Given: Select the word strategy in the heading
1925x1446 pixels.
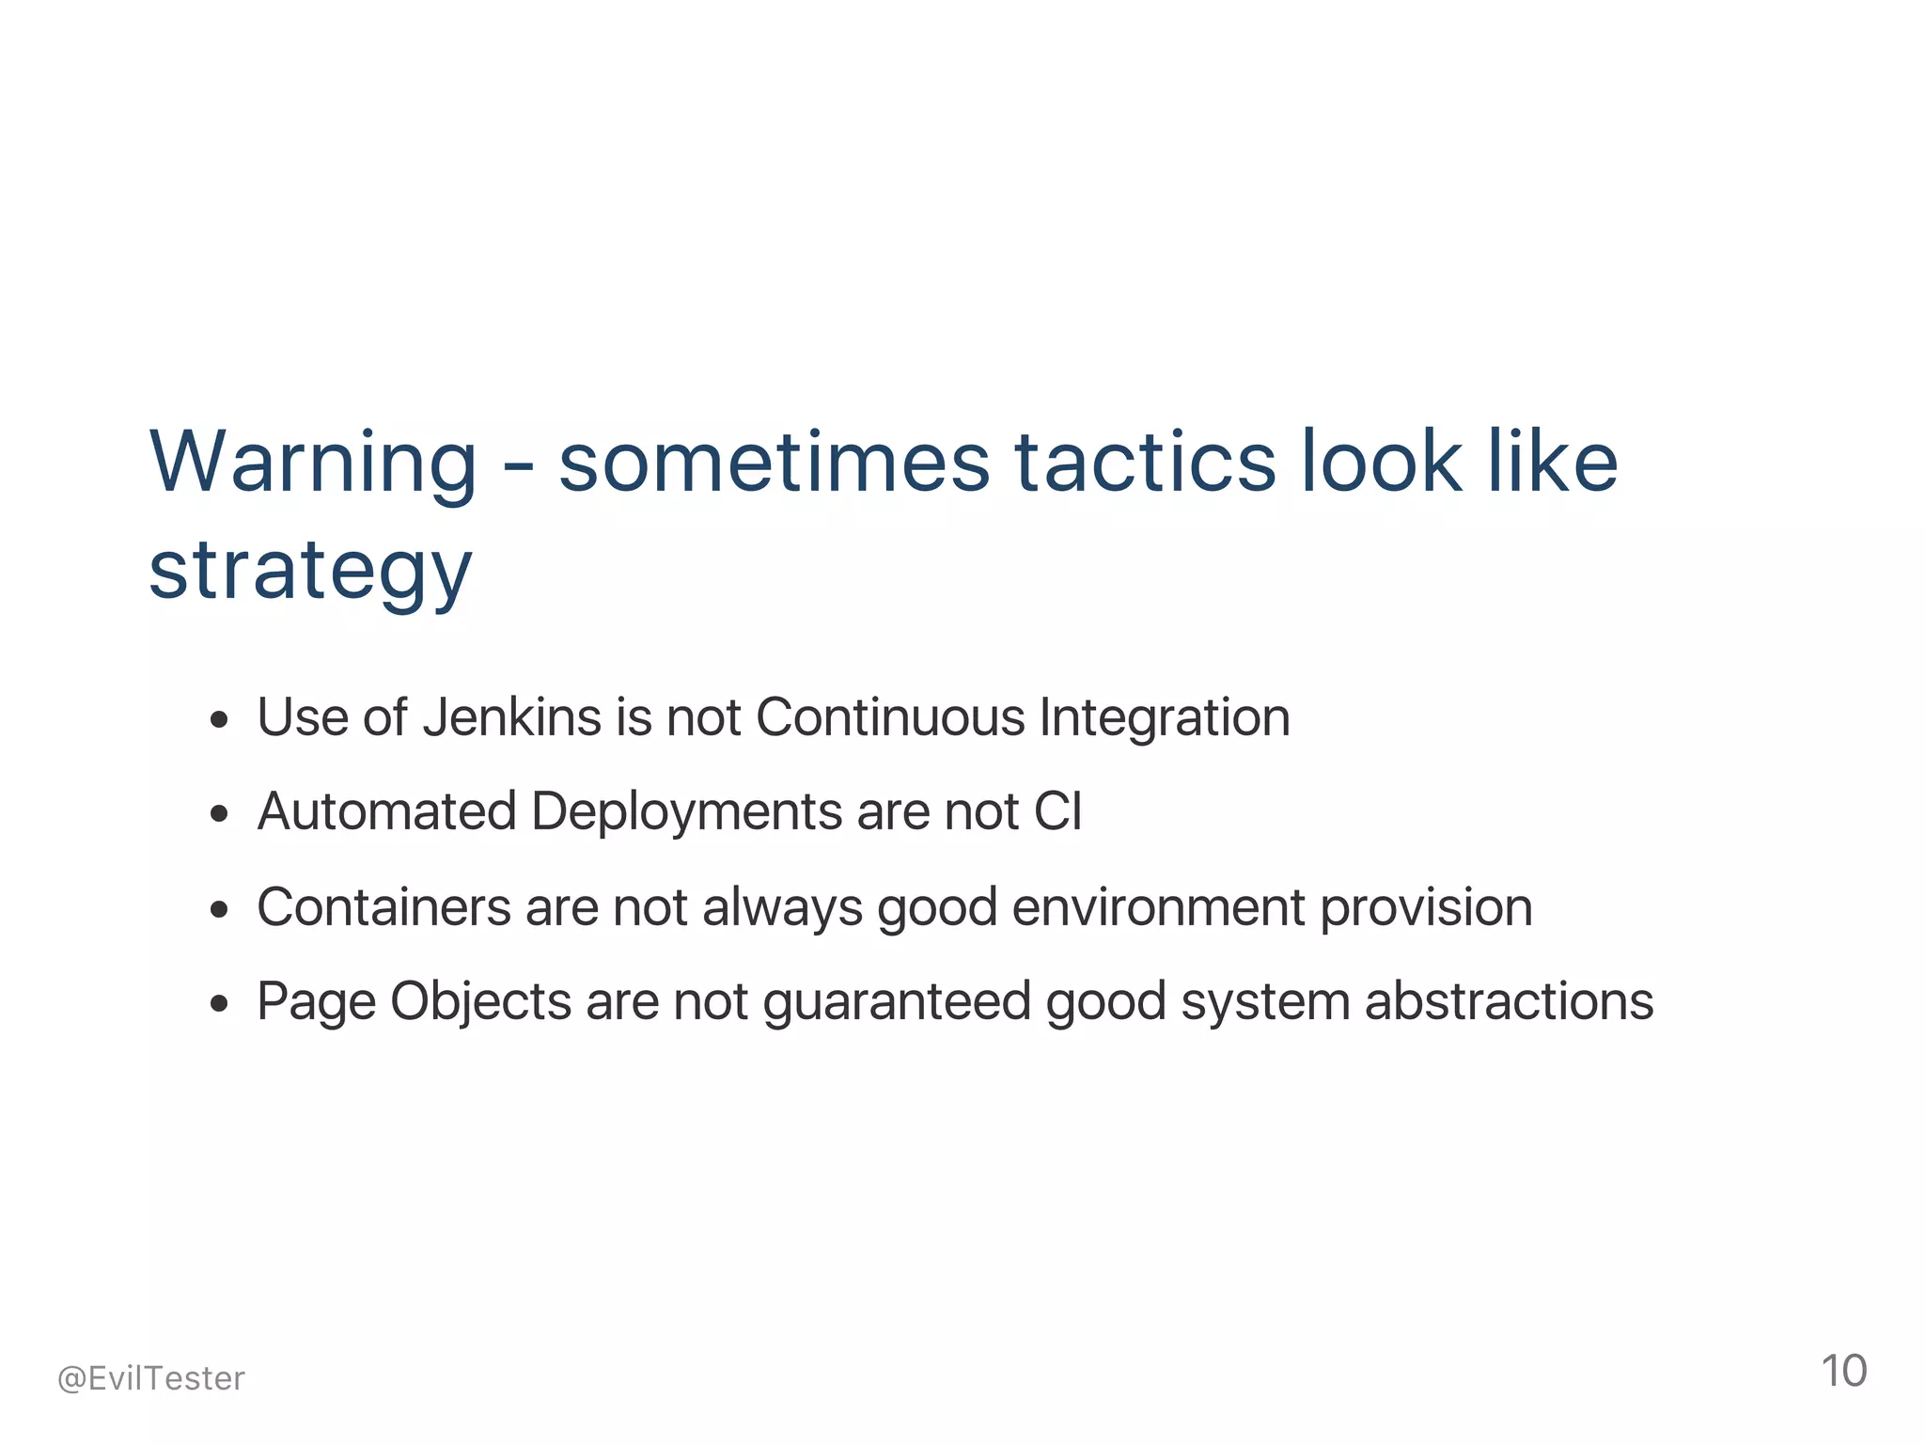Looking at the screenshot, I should coord(310,572).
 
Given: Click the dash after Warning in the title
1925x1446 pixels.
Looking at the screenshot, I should coord(518,464).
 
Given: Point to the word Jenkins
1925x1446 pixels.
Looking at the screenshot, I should coord(511,717).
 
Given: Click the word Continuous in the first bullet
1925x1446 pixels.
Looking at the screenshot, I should coord(890,717).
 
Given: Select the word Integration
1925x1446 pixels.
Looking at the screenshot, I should coord(1165,717).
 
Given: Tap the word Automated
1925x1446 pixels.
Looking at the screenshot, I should coord(386,811).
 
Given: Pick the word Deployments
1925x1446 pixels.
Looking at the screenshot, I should coord(686,811).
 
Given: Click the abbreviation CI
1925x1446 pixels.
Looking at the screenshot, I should coord(1057,811).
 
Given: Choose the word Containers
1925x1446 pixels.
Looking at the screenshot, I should coord(383,907).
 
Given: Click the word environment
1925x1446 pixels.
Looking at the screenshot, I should coord(1159,907).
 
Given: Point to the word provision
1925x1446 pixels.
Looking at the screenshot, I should coord(1426,907).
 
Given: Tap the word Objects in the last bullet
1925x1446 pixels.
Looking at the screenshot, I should coord(480,1001).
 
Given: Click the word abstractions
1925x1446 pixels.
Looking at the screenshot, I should coord(1509,1001).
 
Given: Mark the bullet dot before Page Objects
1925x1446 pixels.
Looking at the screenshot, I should coord(220,1004).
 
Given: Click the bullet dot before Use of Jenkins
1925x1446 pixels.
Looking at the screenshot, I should coord(220,721).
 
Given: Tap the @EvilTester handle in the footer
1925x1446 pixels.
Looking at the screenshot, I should coord(151,1378).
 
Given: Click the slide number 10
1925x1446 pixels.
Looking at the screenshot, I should coord(1843,1371).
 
